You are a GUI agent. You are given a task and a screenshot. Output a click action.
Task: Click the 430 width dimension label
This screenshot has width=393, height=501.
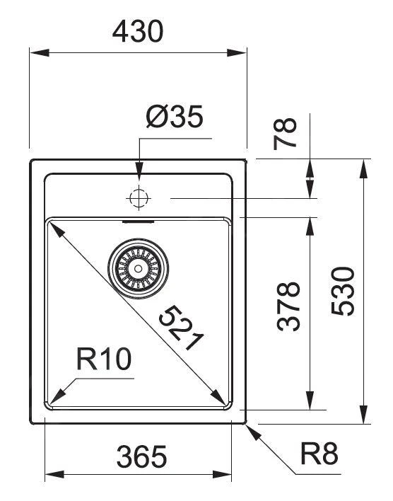point(138,31)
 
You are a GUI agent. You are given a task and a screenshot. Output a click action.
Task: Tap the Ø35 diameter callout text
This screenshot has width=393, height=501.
point(175,116)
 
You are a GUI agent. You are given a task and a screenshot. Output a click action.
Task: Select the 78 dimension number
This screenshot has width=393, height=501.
point(285,134)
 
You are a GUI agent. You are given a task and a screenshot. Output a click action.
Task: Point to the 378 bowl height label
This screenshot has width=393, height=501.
point(288,306)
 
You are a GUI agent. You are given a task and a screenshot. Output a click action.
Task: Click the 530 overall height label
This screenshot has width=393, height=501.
point(343,291)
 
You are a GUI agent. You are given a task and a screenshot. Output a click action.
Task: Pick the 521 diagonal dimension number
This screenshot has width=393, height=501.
point(181,328)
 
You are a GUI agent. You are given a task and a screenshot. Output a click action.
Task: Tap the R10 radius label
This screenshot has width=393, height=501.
point(104,359)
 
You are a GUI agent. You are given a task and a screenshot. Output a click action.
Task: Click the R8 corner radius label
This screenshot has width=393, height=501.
point(319,454)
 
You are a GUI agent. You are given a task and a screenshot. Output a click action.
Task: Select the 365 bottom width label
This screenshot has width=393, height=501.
point(141,456)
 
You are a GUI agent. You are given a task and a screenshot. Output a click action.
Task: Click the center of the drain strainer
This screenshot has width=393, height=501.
point(139,268)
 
